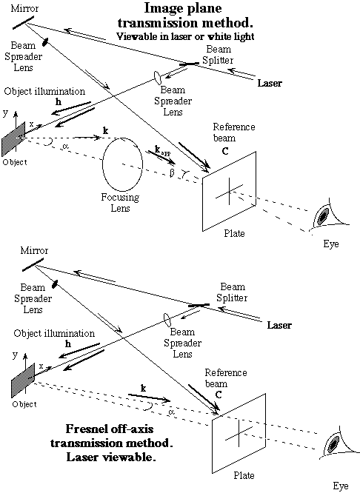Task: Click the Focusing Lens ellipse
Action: pos(103,164)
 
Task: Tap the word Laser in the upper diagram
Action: pos(270,83)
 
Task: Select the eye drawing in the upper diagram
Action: pos(327,217)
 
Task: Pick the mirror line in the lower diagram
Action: pos(33,264)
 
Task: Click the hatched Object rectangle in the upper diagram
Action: pos(13,138)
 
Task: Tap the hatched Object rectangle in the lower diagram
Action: pos(23,380)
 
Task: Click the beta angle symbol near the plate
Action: pos(172,173)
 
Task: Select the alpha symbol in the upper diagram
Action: pos(65,146)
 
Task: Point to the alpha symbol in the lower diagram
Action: pos(172,412)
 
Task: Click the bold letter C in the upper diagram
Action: pos(225,152)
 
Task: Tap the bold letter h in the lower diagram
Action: pos(67,344)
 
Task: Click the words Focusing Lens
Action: pos(120,203)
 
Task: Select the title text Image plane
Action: pos(183,8)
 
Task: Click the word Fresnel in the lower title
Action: pos(84,429)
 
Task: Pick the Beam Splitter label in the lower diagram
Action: pos(233,292)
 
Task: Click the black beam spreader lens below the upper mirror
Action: pos(46,41)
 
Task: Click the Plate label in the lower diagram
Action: pos(244,475)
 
